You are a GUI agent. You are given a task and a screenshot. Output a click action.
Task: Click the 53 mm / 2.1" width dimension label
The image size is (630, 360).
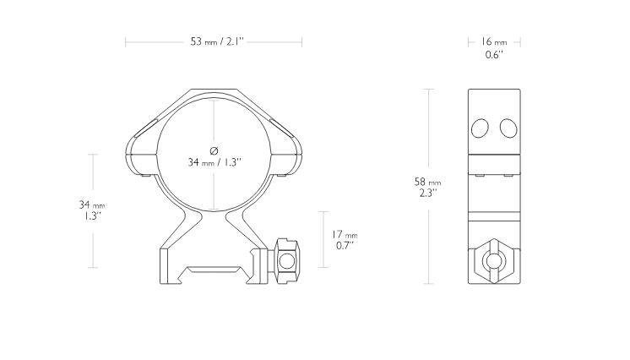(217, 41)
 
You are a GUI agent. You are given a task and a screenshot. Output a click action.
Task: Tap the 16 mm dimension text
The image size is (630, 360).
(494, 41)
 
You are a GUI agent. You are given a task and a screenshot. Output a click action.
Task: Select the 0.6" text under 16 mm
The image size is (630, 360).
(494, 55)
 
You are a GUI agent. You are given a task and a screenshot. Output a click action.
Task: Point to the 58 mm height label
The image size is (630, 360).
(427, 182)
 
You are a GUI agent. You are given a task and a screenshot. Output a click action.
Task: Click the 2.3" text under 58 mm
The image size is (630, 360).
(428, 193)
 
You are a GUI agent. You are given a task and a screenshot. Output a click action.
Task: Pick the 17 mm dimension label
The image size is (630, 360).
(344, 234)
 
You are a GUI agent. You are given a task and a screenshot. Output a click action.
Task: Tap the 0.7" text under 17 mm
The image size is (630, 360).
(345, 245)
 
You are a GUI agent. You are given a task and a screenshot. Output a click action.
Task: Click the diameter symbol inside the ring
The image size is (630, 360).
(214, 150)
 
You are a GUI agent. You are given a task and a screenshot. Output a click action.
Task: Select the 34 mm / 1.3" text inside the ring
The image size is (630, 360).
(215, 162)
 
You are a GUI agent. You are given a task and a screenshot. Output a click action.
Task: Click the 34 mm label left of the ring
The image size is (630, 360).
(92, 205)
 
